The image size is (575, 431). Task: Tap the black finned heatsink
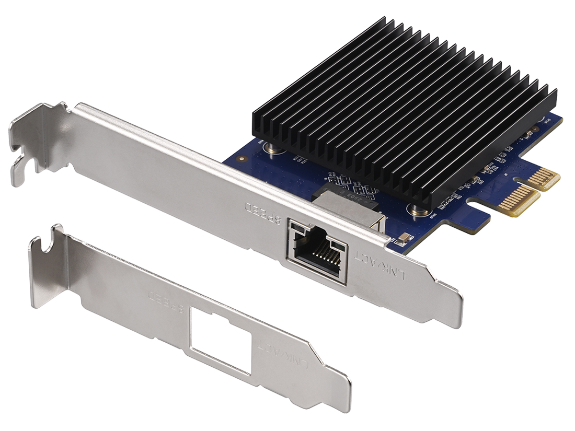(x=402, y=104)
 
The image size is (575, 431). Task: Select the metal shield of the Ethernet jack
(x=348, y=204)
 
